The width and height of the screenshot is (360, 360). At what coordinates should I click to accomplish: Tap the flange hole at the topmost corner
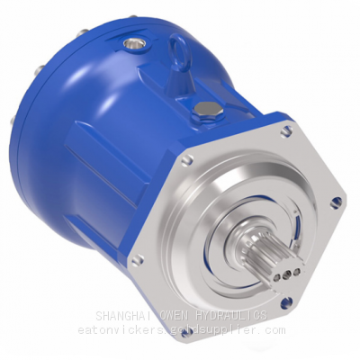285,131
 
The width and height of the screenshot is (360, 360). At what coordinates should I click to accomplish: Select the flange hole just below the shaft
287,303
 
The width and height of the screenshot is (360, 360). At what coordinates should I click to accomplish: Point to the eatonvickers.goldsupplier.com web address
180,330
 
